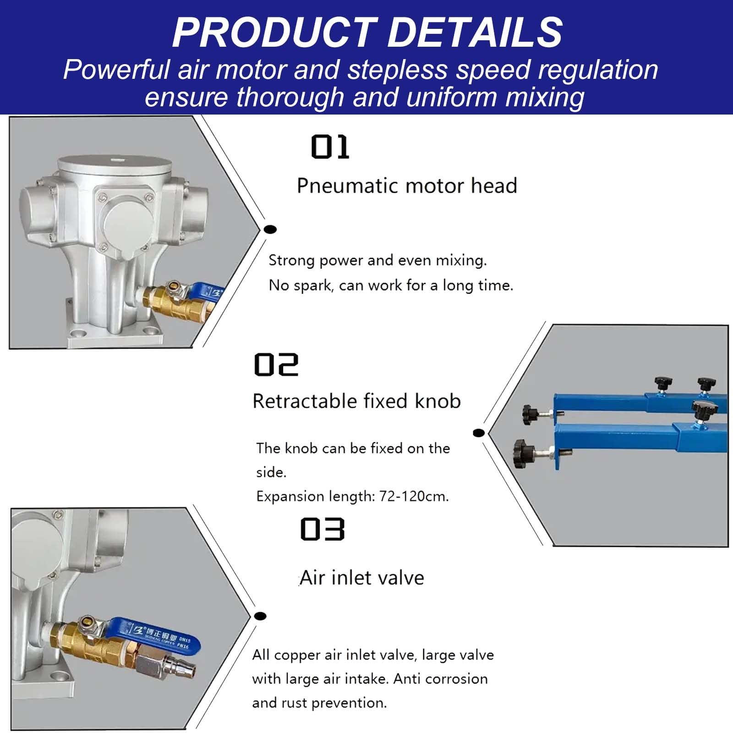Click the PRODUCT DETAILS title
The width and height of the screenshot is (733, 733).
367,32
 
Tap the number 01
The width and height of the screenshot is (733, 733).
330,147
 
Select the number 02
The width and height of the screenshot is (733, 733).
276,365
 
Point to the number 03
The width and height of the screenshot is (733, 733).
322,529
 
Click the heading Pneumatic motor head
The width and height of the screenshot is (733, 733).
407,186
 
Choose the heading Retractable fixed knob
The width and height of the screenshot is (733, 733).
356,401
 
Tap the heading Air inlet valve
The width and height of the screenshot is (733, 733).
362,578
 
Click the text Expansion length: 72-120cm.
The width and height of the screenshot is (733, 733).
352,496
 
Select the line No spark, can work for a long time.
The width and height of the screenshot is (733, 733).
391,285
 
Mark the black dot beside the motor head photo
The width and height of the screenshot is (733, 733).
270,229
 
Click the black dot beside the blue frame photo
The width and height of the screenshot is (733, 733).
478,432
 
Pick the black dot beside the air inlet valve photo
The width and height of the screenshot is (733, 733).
260,616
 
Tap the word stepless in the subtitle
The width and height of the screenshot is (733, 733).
397,70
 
